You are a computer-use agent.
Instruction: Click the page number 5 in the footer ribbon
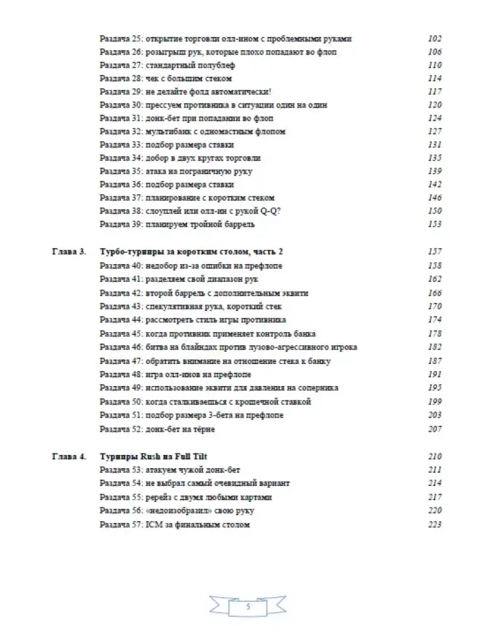point(248,607)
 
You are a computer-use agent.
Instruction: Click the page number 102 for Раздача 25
point(435,39)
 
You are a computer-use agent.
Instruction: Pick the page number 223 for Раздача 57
point(435,524)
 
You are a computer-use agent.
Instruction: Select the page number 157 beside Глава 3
point(435,252)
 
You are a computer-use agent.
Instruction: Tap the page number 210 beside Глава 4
point(435,457)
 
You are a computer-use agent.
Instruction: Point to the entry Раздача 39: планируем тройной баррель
point(177,224)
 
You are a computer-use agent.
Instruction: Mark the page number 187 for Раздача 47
point(435,361)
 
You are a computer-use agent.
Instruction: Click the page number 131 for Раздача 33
point(435,145)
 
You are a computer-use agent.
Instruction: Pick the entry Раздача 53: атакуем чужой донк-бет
point(170,470)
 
